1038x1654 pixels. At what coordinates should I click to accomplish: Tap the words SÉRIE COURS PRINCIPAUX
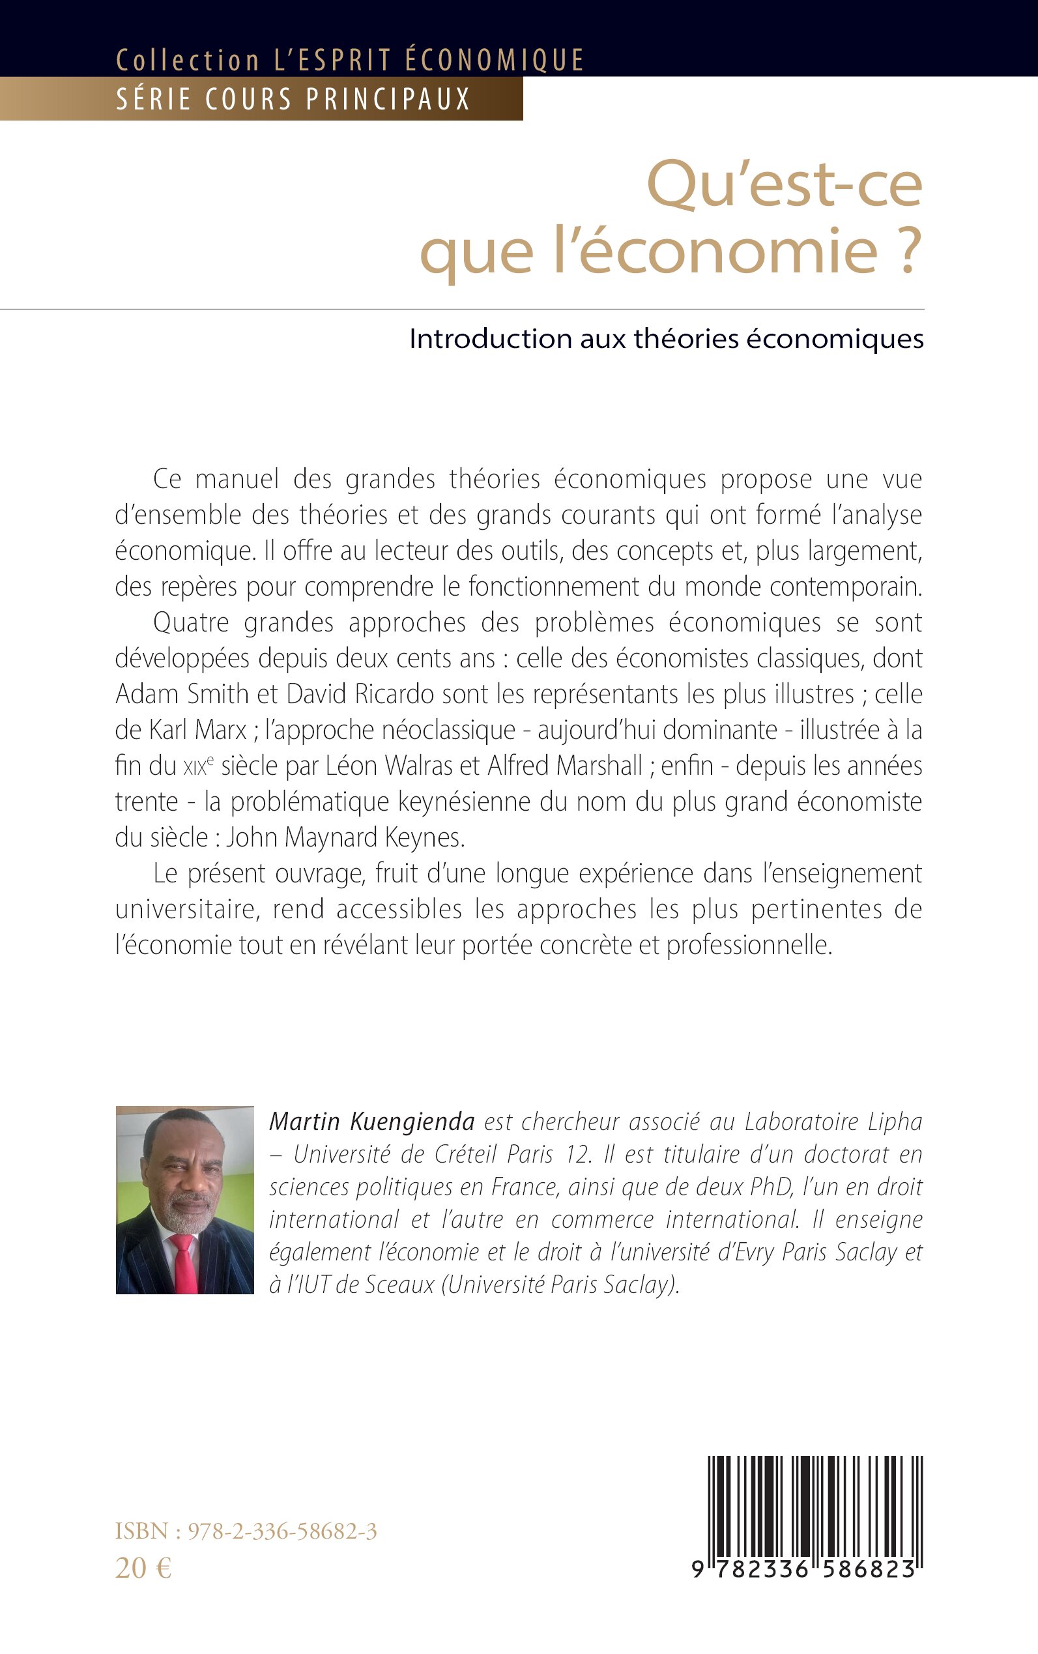point(293,100)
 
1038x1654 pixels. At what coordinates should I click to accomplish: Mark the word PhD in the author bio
point(767,1187)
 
